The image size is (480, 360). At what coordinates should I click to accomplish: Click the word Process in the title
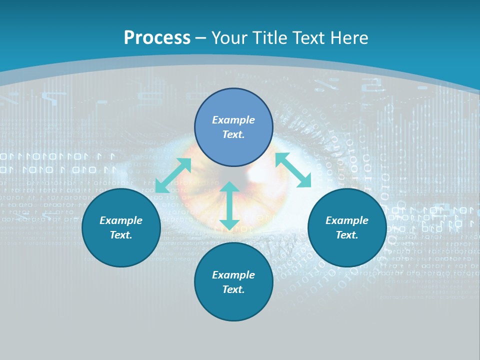[157, 38]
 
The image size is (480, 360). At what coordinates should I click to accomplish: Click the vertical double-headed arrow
[229, 205]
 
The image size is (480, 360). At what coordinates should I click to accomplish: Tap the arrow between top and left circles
[173, 175]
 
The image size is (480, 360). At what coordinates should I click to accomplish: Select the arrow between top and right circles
[293, 170]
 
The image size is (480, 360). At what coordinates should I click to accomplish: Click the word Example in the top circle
[233, 120]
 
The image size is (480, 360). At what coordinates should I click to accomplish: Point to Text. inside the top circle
[233, 134]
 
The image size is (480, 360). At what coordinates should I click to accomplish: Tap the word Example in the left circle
[121, 220]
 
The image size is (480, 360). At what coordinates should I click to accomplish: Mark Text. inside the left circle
[121, 235]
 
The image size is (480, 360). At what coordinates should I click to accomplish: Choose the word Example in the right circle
[347, 220]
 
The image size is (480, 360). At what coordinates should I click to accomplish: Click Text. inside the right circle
[347, 235]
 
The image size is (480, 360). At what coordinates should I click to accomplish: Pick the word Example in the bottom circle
[233, 275]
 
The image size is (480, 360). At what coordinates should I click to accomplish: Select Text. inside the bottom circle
[233, 289]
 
